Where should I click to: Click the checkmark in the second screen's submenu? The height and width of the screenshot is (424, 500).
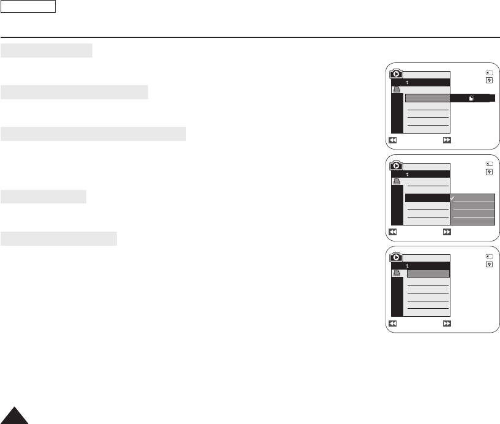pyautogui.click(x=453, y=199)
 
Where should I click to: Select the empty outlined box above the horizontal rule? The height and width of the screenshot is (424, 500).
pyautogui.click(x=29, y=7)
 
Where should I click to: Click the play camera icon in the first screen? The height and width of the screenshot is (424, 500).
pyautogui.click(x=397, y=74)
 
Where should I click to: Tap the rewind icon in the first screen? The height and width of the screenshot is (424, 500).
pyautogui.click(x=394, y=140)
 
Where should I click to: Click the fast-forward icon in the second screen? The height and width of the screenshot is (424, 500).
pyautogui.click(x=447, y=232)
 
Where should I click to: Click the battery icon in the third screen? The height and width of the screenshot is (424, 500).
pyautogui.click(x=489, y=256)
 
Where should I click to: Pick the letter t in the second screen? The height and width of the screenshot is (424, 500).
pyautogui.click(x=407, y=175)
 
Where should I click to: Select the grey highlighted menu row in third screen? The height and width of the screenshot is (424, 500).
pyautogui.click(x=428, y=273)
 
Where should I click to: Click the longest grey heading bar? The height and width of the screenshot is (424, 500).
pyautogui.click(x=94, y=134)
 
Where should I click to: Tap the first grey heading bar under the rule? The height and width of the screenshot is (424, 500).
pyautogui.click(x=47, y=50)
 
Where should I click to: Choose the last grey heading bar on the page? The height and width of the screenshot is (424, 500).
pyautogui.click(x=59, y=238)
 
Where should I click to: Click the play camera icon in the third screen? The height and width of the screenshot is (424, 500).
pyautogui.click(x=397, y=257)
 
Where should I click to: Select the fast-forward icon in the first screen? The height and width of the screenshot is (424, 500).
pyautogui.click(x=447, y=140)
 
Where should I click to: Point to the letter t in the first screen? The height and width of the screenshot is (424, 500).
pyautogui.click(x=407, y=82)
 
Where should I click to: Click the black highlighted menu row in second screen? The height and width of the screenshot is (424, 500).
pyautogui.click(x=427, y=198)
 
